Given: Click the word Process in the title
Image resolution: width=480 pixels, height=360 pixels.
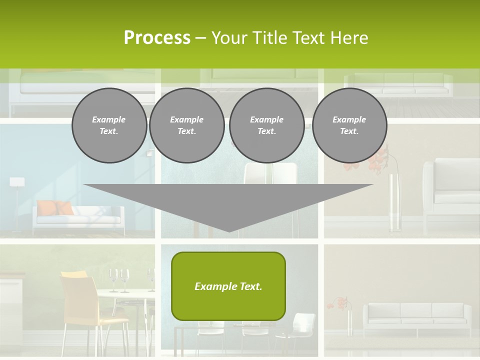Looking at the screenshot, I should click(x=157, y=38).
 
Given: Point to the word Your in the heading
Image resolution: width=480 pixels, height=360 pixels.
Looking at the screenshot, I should click(x=230, y=38).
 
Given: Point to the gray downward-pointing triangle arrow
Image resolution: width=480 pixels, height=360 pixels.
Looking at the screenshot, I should click(x=228, y=202).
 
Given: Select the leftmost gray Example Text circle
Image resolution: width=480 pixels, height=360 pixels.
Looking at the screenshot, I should click(x=109, y=125).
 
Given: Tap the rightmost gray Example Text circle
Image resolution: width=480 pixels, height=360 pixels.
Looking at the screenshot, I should click(x=349, y=125).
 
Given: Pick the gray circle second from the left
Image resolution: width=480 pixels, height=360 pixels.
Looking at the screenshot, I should click(x=186, y=125).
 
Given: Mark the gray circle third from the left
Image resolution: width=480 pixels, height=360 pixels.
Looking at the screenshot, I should click(x=266, y=125).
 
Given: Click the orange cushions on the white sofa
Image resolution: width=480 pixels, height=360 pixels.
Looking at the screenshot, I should click(x=55, y=207).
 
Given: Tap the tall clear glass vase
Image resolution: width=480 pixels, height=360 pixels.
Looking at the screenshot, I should click(x=395, y=200).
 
